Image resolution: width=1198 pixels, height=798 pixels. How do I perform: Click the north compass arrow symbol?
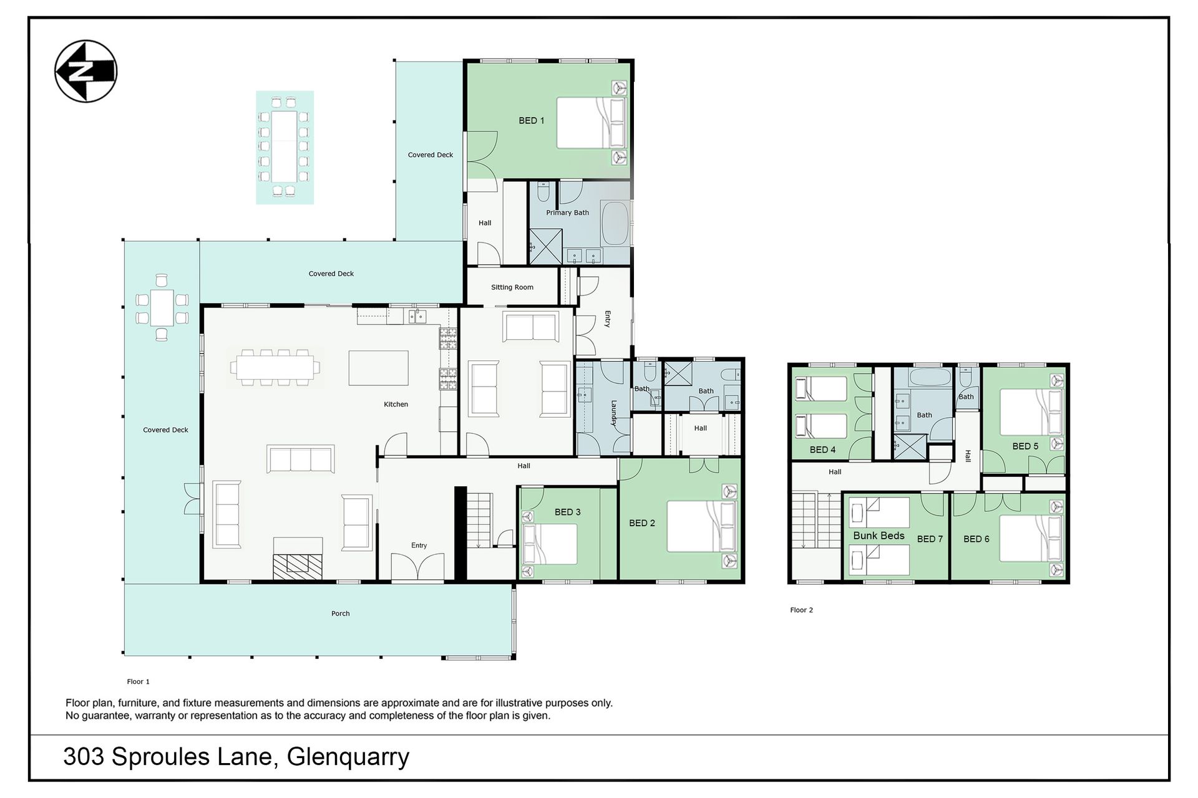(x=86, y=72)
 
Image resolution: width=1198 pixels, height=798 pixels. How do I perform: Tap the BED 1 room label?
(x=531, y=120)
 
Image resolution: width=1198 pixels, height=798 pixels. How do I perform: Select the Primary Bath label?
(x=567, y=213)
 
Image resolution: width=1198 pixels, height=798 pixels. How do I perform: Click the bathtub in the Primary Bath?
(x=616, y=223)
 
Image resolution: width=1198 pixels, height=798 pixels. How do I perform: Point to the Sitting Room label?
(x=512, y=287)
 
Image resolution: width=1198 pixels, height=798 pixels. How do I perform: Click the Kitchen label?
(x=396, y=405)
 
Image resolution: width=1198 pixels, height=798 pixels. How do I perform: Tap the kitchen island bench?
(x=378, y=368)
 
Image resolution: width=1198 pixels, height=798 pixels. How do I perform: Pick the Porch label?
(x=340, y=613)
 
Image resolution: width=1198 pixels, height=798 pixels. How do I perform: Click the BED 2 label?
(x=642, y=523)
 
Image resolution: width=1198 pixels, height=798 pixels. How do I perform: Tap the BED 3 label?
(x=567, y=512)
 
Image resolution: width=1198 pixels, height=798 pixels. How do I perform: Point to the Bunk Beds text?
(x=879, y=536)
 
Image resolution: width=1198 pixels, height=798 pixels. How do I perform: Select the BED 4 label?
(x=822, y=449)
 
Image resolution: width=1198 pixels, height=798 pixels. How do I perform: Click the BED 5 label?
(x=1025, y=446)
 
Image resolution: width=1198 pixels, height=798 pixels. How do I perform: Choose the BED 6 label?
(x=976, y=539)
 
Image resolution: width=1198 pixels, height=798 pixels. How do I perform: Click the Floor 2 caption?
(x=801, y=610)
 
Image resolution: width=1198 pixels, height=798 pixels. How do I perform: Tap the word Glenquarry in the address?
(x=348, y=757)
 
